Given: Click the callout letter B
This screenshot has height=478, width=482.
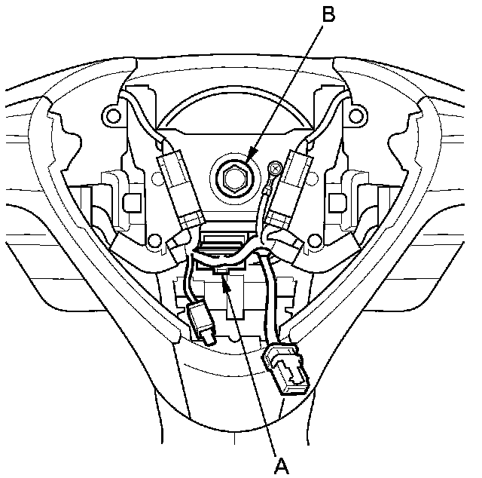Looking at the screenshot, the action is [x=327, y=14].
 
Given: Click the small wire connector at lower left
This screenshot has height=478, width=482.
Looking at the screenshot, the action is [x=202, y=322].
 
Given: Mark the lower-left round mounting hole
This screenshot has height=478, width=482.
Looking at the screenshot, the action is [x=156, y=244].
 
